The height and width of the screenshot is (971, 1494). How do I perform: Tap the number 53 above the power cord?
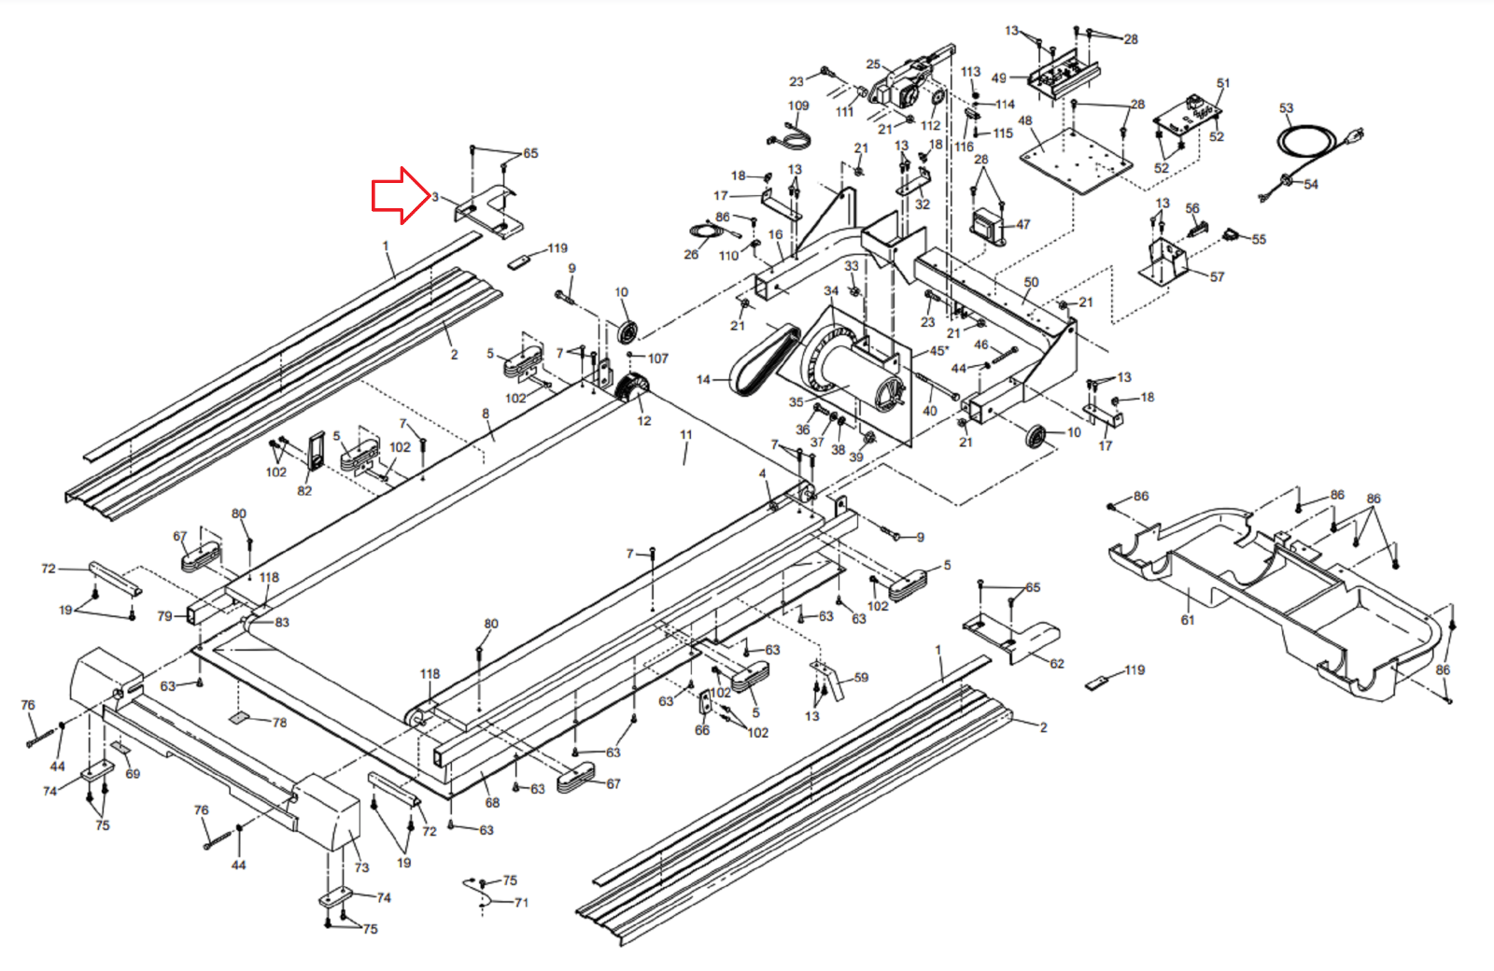pos(1286,108)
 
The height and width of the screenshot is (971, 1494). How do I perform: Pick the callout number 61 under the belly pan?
pos(1187,619)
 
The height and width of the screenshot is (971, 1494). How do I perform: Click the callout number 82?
pos(304,490)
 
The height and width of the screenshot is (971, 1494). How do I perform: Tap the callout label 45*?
pos(938,351)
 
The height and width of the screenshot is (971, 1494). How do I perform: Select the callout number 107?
pos(658,359)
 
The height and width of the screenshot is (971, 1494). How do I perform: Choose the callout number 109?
pos(798,106)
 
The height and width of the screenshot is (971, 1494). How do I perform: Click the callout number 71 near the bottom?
pos(521,903)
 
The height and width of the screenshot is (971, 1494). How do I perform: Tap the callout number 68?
pos(492,802)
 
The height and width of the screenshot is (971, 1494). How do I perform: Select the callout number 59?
pos(861,678)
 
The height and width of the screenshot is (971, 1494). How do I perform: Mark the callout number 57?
pos(1217,276)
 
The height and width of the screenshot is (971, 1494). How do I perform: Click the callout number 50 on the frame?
pos(1031,282)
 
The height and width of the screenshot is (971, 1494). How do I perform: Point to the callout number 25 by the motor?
pos(873,64)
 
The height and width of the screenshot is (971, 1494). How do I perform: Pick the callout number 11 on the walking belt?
pos(686,435)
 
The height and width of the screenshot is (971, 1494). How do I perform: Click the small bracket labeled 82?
pos(317,451)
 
